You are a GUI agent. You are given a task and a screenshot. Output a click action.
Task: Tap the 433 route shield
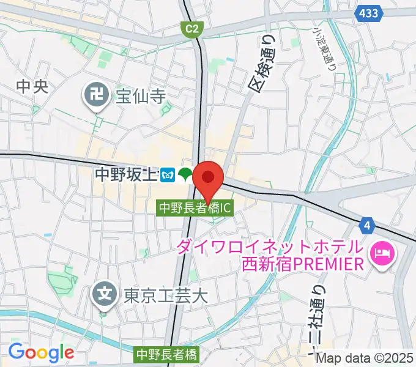(x=369, y=13)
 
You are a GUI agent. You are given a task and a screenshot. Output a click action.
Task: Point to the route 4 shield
(x=366, y=227)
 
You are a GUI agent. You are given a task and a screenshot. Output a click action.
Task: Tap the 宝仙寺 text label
(x=141, y=95)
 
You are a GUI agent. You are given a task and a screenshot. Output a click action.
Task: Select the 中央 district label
(x=32, y=87)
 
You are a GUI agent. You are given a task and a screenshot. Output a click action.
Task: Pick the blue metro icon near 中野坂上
(x=168, y=176)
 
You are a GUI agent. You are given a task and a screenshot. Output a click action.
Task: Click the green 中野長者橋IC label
(x=195, y=208)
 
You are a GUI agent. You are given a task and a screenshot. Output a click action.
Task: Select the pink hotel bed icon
(x=382, y=253)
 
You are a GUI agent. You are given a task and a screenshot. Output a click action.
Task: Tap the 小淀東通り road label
(x=325, y=49)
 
